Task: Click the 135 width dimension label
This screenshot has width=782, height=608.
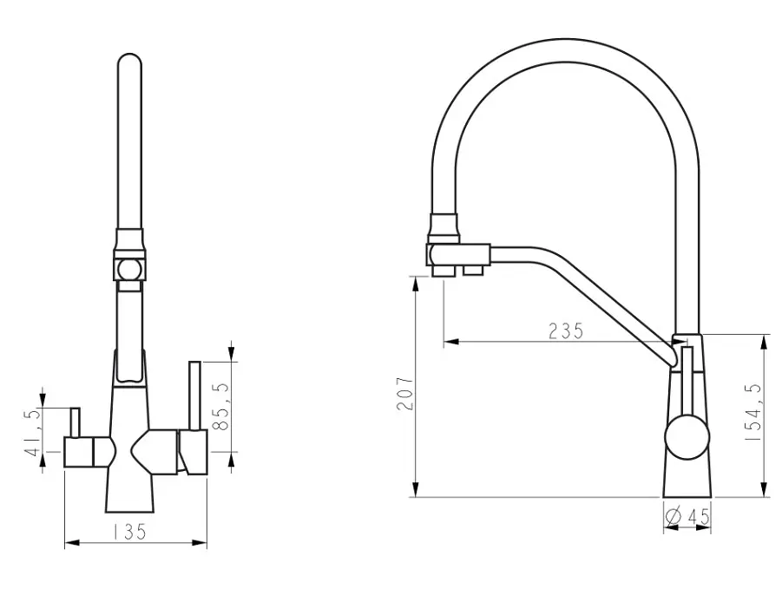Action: [128, 532]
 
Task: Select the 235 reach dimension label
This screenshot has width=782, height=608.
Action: [566, 331]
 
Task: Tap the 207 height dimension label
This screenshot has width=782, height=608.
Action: [405, 394]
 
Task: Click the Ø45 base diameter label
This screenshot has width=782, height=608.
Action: [687, 517]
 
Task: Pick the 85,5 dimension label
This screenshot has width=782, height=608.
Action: [220, 407]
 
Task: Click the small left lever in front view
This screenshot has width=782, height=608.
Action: [75, 422]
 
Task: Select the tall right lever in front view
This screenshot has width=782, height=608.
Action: [194, 396]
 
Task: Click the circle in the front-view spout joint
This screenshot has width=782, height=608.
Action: [129, 270]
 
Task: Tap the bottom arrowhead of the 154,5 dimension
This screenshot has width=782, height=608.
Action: [764, 489]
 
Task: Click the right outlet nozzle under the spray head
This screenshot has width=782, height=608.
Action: [473, 270]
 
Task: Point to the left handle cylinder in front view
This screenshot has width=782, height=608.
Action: [79, 453]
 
